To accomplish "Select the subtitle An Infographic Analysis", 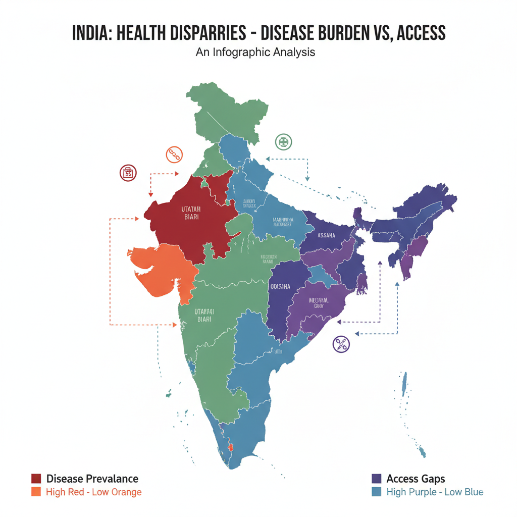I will tap(255, 52).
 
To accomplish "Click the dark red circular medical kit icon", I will tap(128, 173).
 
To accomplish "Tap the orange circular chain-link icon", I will tap(174, 154).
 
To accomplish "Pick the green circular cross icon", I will tap(283, 142).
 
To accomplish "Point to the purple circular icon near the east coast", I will tap(341, 344).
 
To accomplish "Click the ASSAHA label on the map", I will tap(327, 235).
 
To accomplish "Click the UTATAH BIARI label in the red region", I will tap(191, 213).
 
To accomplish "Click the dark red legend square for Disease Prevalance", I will tap(36, 479).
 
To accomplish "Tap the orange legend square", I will tap(36, 492).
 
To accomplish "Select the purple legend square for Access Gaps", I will tap(376, 479).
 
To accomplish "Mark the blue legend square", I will tap(376, 492).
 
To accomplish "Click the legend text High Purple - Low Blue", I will tap(435, 492).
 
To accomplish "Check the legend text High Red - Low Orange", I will tap(93, 492).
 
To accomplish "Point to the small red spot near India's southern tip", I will tap(232, 447).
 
